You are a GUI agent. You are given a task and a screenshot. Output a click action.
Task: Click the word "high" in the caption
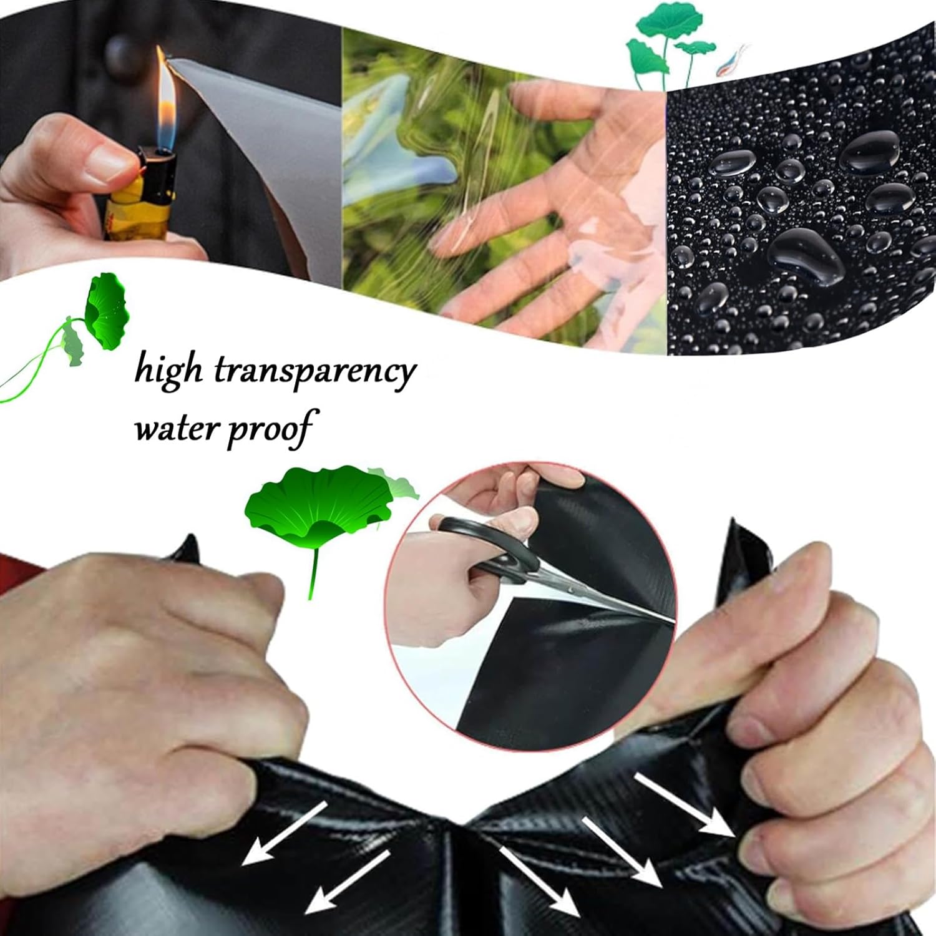(169, 371)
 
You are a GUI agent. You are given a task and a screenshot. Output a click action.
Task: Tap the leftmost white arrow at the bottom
(284, 833)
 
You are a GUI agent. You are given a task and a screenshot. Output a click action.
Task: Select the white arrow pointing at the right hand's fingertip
(683, 805)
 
